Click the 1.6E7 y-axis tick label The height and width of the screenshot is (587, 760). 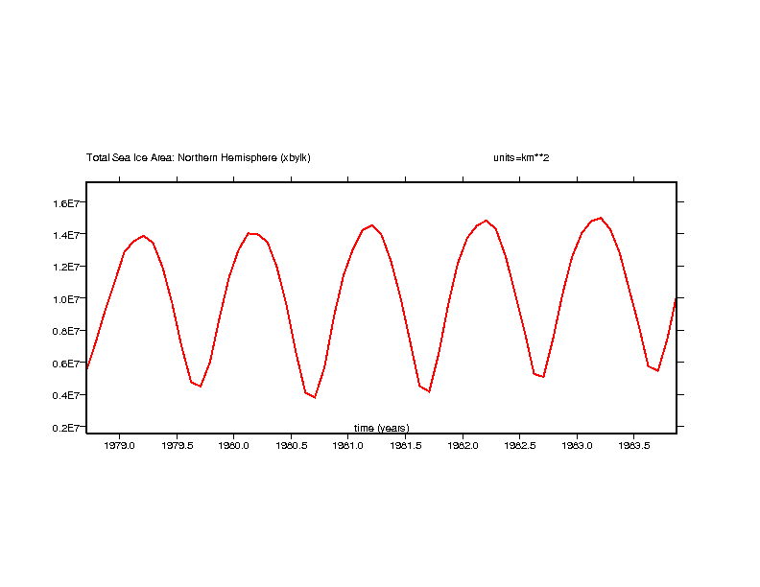[71, 203]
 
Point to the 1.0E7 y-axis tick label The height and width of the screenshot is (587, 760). [71, 299]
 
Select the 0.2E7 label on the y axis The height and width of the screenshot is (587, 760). [71, 428]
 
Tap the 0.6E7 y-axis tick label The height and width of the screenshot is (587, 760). [71, 364]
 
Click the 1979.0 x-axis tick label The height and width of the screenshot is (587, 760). [119, 446]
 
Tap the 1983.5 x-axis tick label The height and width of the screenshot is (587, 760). [634, 446]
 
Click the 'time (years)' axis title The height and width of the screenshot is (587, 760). [381, 428]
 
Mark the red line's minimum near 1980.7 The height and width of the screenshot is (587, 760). [315, 397]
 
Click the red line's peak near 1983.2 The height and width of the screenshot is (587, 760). [601, 218]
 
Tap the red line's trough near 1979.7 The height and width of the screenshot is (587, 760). [201, 386]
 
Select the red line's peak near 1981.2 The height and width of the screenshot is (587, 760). [371, 225]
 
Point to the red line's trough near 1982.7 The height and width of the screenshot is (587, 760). [543, 377]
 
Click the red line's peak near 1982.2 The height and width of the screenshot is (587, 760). [486, 221]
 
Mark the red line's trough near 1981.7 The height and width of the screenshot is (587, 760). [429, 391]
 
